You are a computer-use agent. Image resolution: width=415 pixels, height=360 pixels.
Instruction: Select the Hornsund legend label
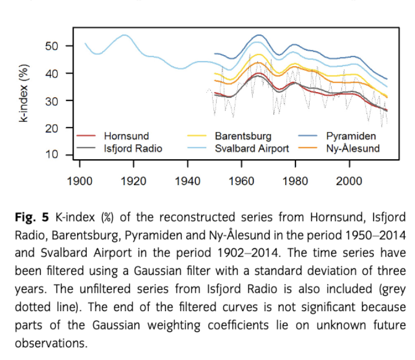click(x=126, y=136)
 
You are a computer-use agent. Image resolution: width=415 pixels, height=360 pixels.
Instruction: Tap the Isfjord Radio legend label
click(x=133, y=148)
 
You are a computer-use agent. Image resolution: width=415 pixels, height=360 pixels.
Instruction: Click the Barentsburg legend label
click(x=243, y=136)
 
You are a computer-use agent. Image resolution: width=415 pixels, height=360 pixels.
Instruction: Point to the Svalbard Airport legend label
click(x=252, y=148)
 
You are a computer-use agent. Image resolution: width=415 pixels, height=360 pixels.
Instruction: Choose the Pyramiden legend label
click(x=351, y=136)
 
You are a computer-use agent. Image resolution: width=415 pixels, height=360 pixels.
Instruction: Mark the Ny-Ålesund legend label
click(x=353, y=148)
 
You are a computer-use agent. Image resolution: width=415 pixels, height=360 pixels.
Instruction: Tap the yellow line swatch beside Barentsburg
click(x=198, y=136)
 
